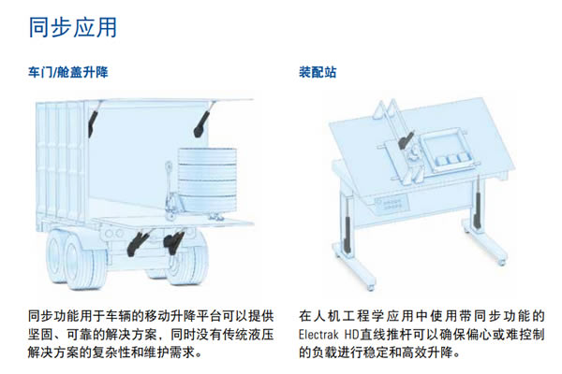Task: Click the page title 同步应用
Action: click(x=73, y=27)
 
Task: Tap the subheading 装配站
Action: click(x=318, y=72)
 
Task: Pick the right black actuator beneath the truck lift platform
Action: click(x=172, y=244)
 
